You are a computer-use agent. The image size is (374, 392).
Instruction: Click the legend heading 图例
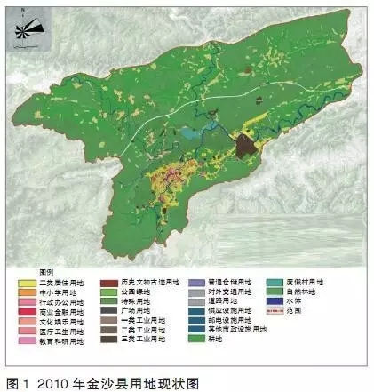29,270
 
